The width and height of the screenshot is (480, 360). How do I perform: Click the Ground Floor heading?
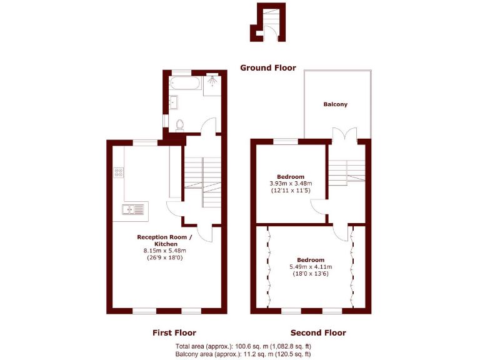click(268, 67)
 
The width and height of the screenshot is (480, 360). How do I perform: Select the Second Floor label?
click(318, 332)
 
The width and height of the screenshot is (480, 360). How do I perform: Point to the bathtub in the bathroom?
click(185, 84)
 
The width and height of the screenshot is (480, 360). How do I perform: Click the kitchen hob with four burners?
click(118, 172)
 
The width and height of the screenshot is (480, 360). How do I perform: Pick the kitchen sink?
click(131, 209)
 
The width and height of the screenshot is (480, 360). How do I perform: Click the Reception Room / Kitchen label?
click(165, 240)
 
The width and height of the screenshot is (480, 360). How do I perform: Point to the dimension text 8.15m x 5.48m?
click(165, 251)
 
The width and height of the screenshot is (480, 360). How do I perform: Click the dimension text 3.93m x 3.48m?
click(292, 183)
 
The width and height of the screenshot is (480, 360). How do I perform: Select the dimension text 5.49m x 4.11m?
click(311, 267)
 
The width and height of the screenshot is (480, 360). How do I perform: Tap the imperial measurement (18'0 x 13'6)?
click(311, 274)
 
